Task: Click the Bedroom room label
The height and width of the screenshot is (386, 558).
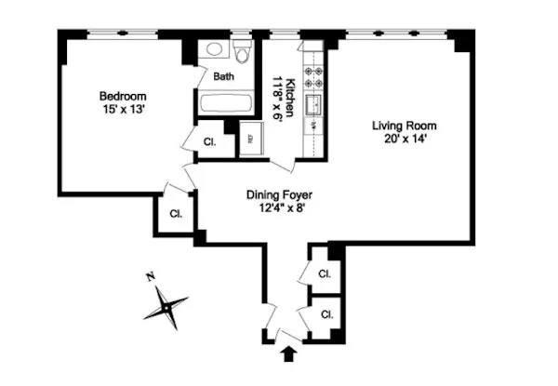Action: point(123,96)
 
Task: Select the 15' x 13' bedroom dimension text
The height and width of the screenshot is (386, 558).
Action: point(123,110)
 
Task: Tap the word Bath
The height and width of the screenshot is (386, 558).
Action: point(224,77)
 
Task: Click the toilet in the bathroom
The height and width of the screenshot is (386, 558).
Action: point(244,53)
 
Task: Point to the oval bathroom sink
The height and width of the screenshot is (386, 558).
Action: point(213,50)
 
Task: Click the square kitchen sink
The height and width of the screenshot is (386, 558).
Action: point(315,103)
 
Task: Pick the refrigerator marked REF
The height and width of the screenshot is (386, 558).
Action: point(249,140)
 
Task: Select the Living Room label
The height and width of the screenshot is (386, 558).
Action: point(404,126)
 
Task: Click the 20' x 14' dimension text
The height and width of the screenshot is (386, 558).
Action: point(404,140)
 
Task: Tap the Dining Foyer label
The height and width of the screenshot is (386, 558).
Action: point(278,195)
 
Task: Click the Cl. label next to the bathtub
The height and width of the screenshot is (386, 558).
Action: point(210,141)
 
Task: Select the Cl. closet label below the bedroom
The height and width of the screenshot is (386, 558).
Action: point(175,213)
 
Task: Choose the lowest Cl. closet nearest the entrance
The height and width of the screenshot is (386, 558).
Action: point(326,314)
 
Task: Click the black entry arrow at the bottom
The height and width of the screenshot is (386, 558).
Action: point(287,353)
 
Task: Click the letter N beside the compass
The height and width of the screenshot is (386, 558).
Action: point(150,276)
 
